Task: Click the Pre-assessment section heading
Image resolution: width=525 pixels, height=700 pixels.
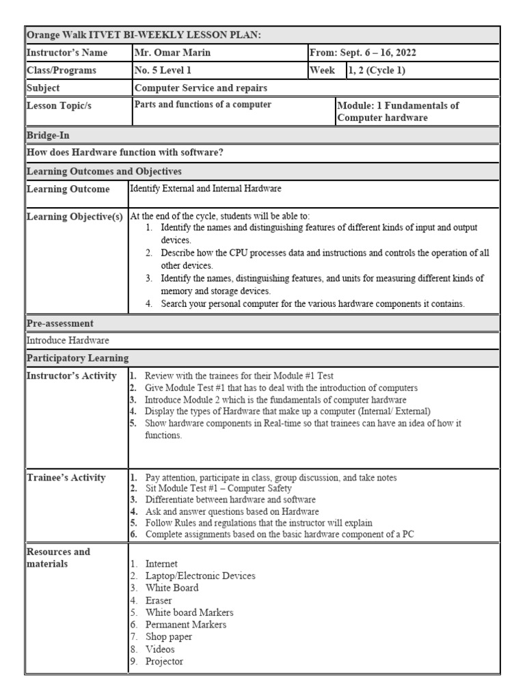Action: [59, 323]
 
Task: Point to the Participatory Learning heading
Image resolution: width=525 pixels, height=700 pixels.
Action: [76, 358]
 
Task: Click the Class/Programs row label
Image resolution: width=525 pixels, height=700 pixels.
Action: [62, 70]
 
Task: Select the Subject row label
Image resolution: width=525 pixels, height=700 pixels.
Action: [43, 87]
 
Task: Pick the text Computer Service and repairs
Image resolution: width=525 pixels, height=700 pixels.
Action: [200, 87]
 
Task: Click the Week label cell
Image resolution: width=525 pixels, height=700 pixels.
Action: [323, 70]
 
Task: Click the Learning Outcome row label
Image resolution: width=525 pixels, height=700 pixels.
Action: [68, 189]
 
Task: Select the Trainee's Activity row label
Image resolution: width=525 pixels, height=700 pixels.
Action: [66, 477]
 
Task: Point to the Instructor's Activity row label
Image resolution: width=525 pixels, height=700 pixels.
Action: [71, 375]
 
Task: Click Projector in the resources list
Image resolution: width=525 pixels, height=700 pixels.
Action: [164, 661]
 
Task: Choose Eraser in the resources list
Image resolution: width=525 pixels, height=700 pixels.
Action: [159, 600]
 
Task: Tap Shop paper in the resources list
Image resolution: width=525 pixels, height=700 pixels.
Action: [168, 636]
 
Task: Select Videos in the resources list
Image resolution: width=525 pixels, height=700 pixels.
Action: [160, 649]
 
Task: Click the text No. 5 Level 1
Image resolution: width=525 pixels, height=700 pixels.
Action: [164, 70]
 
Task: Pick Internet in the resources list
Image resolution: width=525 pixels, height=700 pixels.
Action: [161, 563]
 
